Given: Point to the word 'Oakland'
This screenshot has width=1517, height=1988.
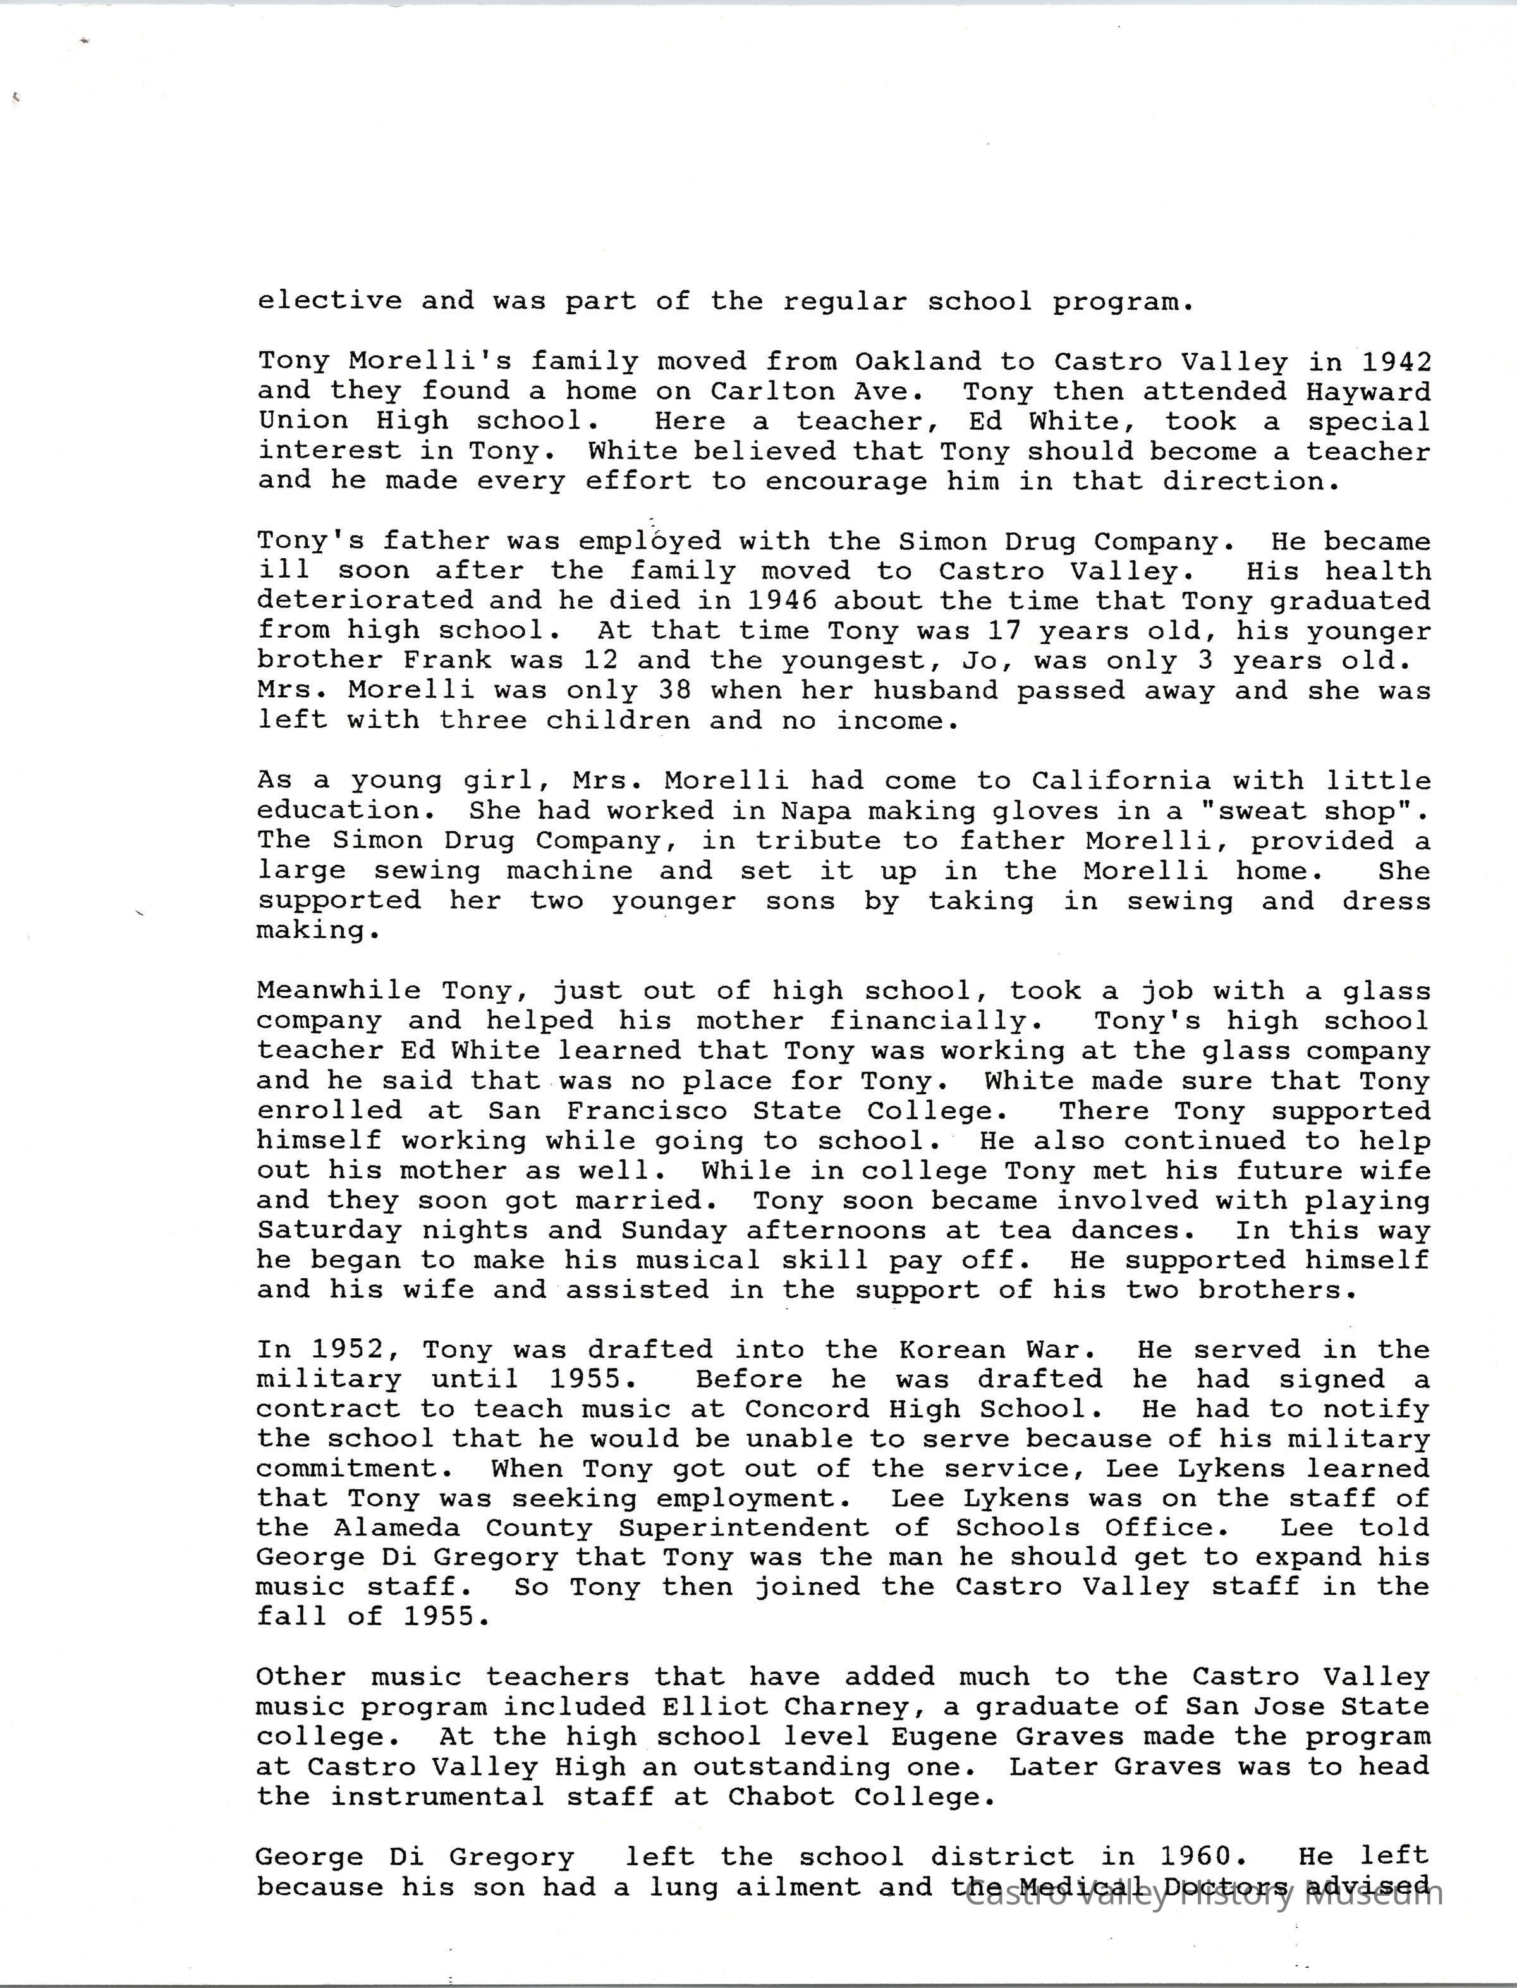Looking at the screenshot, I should (917, 361).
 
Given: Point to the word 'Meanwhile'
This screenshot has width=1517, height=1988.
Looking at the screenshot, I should (339, 991).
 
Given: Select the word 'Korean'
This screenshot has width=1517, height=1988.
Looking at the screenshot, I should (952, 1350).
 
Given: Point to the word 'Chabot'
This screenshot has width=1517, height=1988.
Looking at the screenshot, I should (781, 1796).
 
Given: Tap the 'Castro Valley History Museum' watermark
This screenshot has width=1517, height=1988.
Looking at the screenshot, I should (1205, 1894).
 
